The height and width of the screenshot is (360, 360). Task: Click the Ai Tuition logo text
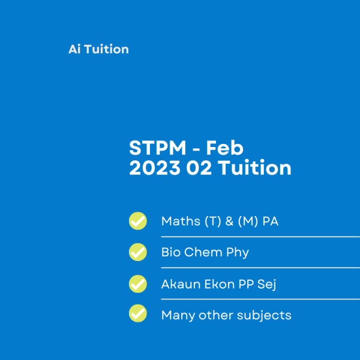coord(99,49)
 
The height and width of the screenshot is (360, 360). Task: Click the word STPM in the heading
coord(157,148)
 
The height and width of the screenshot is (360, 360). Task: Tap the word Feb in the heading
coord(224,148)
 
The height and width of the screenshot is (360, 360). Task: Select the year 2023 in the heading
coord(155,168)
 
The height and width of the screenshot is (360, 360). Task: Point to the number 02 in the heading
coord(199,168)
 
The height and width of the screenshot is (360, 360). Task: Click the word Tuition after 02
coord(254,168)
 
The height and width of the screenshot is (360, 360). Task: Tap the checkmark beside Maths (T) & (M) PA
coord(138,221)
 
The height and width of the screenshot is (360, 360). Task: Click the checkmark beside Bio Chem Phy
coord(138,252)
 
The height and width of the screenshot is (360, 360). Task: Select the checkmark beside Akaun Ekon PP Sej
coord(138,284)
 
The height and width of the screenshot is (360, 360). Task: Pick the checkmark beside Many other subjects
coord(138,313)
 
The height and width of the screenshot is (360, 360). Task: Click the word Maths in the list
coord(181,221)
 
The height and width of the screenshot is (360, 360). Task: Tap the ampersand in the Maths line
coord(229,221)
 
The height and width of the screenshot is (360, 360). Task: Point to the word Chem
coord(203,253)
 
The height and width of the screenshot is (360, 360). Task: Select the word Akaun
coord(181,284)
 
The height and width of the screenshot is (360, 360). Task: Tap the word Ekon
coord(220,284)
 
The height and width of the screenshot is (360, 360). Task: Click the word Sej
coord(266,285)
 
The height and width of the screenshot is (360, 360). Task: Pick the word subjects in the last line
coord(264,316)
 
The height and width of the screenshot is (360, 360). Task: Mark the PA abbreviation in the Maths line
coord(271,221)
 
